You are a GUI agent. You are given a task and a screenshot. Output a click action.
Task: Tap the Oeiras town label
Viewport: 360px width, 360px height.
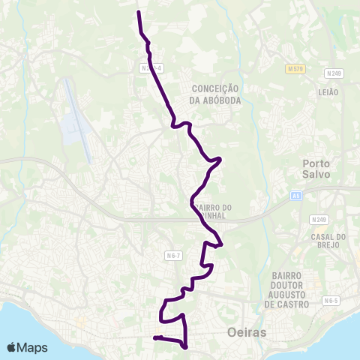pyautogui.click(x=245, y=331)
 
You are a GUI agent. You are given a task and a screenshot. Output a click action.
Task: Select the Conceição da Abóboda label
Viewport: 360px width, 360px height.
pyautogui.click(x=215, y=94)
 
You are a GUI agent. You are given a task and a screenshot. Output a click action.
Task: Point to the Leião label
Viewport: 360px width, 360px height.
pyautogui.click(x=328, y=91)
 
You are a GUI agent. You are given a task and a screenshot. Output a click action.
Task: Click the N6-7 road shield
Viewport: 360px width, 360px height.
pyautogui.click(x=172, y=256)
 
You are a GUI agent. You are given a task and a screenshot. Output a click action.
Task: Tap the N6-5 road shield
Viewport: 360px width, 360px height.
pyautogui.click(x=331, y=301)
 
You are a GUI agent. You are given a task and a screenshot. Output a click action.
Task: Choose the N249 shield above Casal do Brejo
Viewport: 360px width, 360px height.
pyautogui.click(x=319, y=220)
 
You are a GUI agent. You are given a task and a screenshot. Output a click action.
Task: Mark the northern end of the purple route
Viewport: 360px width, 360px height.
pyautogui.click(x=139, y=12)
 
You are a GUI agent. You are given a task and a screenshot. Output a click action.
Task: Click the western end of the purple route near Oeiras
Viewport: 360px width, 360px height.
pyautogui.click(x=154, y=338)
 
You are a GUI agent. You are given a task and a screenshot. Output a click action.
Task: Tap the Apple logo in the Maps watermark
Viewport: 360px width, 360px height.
pyautogui.click(x=12, y=347)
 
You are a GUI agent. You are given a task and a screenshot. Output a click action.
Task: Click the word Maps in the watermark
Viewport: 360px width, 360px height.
pyautogui.click(x=33, y=347)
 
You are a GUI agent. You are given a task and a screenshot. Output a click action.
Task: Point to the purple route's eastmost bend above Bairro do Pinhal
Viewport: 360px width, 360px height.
pyautogui.click(x=220, y=159)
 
